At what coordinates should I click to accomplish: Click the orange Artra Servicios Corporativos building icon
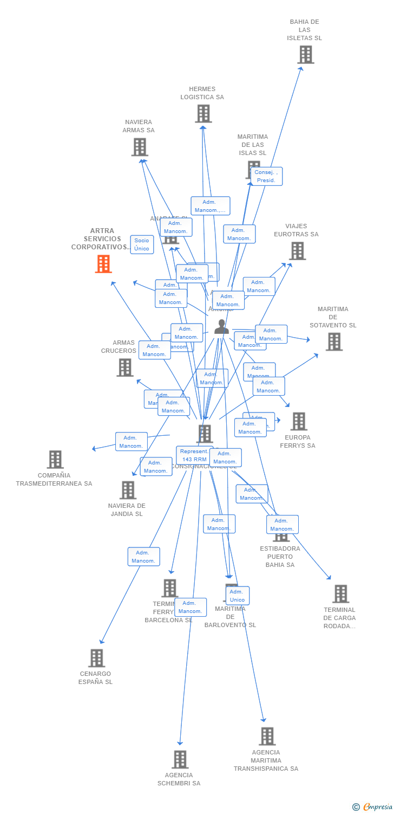pyautogui.click(x=103, y=264)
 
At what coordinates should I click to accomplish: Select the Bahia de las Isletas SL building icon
pyautogui.click(x=305, y=55)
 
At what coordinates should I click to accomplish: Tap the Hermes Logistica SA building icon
pyautogui.click(x=203, y=114)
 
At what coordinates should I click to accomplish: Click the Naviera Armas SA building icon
pyautogui.click(x=140, y=147)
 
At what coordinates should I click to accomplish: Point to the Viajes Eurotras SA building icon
pyautogui.click(x=297, y=251)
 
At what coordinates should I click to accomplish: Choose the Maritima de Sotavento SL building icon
pyautogui.click(x=334, y=342)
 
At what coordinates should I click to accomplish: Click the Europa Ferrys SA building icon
pyautogui.click(x=298, y=422)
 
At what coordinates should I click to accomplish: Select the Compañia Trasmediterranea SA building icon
pyautogui.click(x=55, y=460)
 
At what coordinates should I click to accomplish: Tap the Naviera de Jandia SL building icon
pyautogui.click(x=128, y=490)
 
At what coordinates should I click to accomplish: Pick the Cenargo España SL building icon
pyautogui.click(x=96, y=658)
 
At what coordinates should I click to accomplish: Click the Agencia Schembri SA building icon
pyautogui.click(x=180, y=759)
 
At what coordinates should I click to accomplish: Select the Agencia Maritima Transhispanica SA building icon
pyautogui.click(x=267, y=737)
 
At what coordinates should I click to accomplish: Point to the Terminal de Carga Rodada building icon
pyautogui.click(x=340, y=594)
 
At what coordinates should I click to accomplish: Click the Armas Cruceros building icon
pyautogui.click(x=125, y=367)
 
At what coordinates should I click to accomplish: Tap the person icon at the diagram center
pyautogui.click(x=221, y=327)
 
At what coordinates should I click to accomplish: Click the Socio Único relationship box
pyautogui.click(x=142, y=244)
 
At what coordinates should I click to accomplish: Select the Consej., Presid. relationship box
pyautogui.click(x=266, y=176)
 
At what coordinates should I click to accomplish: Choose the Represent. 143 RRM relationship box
pyautogui.click(x=194, y=455)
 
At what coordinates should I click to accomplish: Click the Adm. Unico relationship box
pyautogui.click(x=238, y=596)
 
